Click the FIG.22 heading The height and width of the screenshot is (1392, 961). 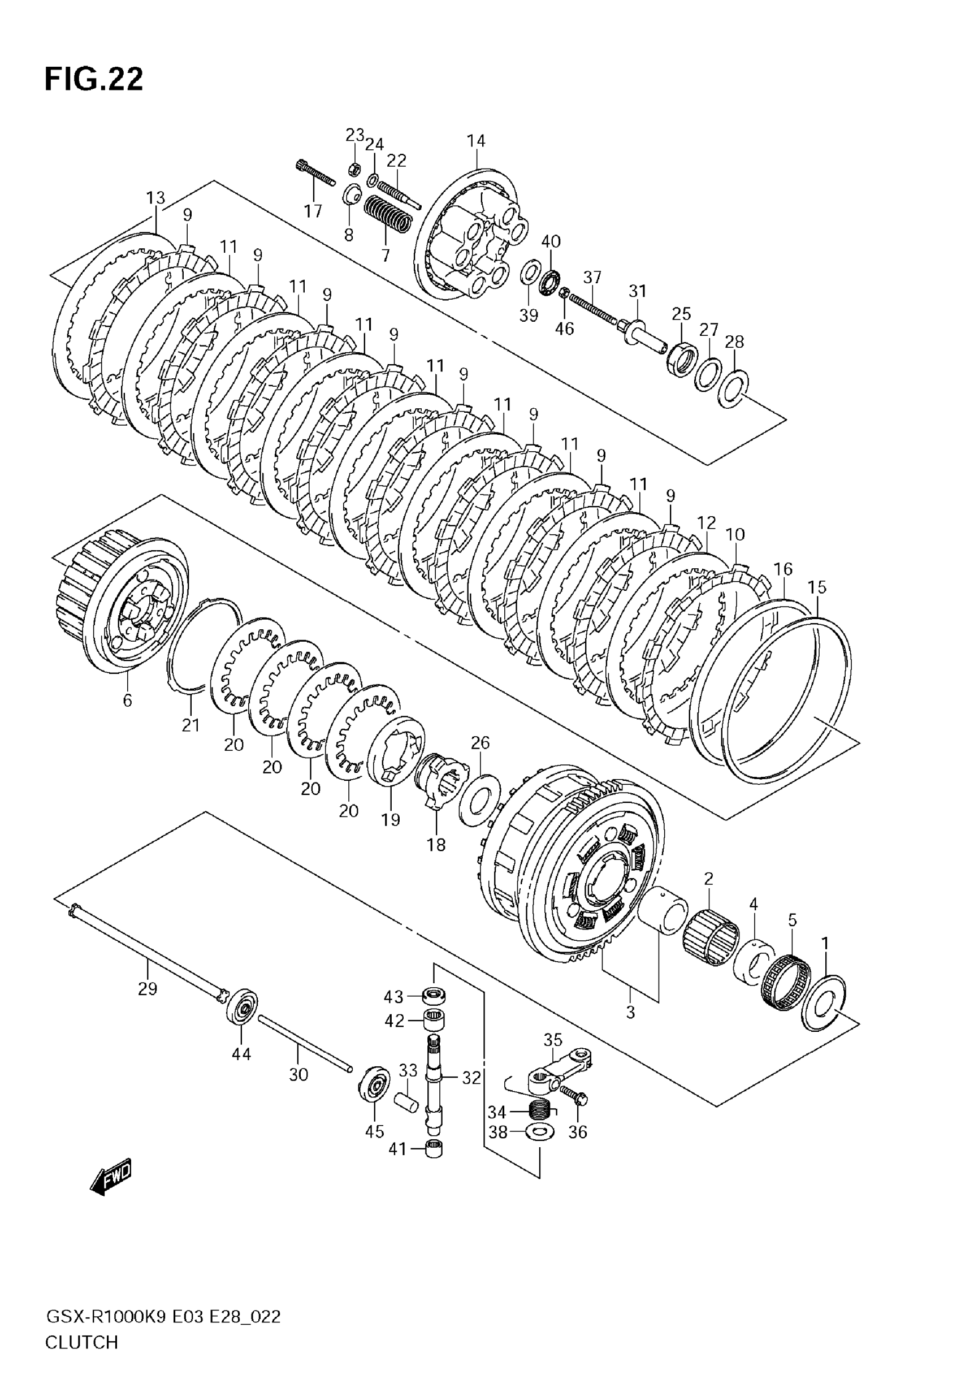tap(94, 80)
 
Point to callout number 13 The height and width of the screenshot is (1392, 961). tap(155, 197)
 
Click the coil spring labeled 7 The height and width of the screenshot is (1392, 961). tap(389, 215)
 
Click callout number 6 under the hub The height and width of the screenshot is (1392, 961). tap(127, 700)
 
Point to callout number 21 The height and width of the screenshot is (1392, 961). tap(191, 725)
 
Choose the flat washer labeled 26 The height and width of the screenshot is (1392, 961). tap(479, 800)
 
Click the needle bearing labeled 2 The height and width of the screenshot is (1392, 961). tap(712, 937)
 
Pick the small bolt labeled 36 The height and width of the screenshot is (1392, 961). tap(574, 1095)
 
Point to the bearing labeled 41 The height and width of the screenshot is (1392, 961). tap(434, 1149)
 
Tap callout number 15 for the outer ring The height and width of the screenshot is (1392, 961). tap(817, 586)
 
